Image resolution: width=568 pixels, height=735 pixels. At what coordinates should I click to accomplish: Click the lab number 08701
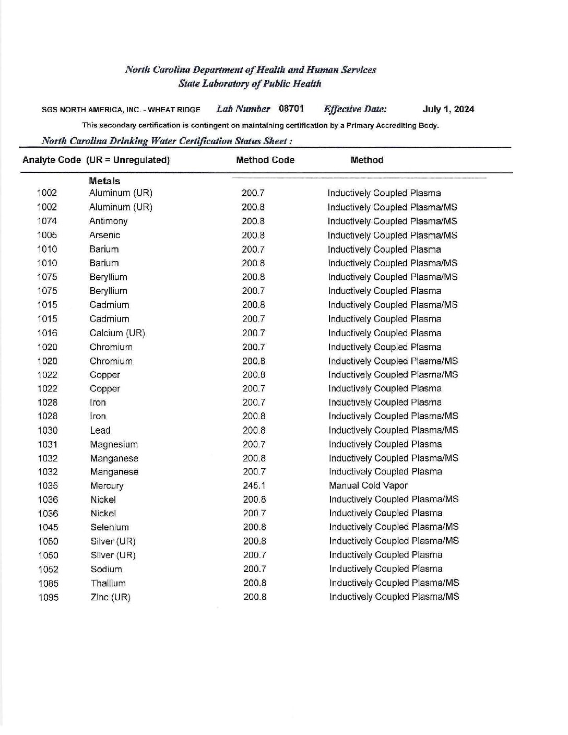291,109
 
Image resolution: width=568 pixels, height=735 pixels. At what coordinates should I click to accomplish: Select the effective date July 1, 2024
448,109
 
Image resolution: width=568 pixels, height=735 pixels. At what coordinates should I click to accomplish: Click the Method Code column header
265,160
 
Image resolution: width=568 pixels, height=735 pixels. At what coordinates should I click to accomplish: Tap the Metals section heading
104,181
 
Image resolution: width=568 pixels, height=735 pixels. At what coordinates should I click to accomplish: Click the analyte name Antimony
109,221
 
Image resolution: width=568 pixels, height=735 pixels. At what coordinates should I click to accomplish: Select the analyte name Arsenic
105,235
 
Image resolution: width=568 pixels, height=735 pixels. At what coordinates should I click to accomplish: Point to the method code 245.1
254,485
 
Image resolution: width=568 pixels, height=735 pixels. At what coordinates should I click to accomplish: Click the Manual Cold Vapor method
368,485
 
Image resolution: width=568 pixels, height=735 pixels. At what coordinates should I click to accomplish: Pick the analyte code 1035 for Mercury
48,486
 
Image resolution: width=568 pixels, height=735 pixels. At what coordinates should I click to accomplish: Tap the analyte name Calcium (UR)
117,333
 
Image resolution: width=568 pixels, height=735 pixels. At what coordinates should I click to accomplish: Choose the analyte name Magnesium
114,445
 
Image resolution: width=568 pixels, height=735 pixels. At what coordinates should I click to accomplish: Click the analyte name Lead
100,431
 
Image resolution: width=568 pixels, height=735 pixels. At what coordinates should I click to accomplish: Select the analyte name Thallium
108,584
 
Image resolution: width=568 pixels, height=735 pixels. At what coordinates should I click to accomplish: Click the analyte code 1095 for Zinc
49,598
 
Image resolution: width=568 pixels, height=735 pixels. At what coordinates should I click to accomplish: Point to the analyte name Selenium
110,528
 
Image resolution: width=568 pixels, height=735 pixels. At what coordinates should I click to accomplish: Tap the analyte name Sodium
106,570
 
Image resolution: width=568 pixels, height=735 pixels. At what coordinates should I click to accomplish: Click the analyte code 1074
47,221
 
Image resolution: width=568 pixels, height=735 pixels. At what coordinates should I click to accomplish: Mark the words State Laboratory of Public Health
250,84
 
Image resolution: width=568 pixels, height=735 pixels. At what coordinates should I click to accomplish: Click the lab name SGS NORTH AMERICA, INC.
92,110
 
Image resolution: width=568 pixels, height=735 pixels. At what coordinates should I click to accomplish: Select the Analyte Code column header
52,160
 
